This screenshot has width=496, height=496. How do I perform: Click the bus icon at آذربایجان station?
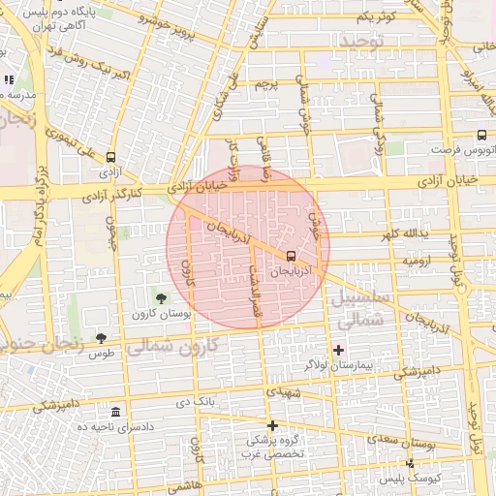291,256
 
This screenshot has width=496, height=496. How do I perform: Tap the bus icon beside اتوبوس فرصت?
482,136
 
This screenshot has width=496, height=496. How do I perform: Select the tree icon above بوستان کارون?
160,298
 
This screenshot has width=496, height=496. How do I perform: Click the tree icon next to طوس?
102,338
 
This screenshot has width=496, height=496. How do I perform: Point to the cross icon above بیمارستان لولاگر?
338,349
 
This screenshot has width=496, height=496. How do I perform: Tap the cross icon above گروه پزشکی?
272,425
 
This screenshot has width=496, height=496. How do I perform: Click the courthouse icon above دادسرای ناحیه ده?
115,413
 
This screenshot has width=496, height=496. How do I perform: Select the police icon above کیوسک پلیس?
410,464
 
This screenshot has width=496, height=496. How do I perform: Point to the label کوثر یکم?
376,17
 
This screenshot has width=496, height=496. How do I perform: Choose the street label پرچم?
265,86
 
